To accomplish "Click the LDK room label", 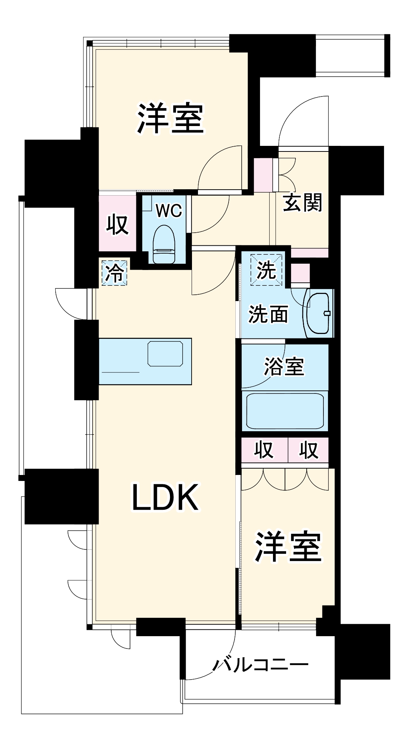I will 165,498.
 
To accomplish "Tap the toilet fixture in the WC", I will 164,245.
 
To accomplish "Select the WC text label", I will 169,211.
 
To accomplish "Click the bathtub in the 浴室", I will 285,411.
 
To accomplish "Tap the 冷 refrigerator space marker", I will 115,273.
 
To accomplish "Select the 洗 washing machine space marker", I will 267,270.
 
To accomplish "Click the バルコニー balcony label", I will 261,665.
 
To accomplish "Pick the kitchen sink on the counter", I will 165,353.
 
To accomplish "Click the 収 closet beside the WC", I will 117,224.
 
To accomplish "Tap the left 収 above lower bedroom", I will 264,450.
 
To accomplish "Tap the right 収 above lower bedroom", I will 309,450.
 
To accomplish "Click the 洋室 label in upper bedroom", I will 170,119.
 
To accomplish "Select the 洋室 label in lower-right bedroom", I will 288,546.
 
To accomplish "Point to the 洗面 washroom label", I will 268,314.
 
